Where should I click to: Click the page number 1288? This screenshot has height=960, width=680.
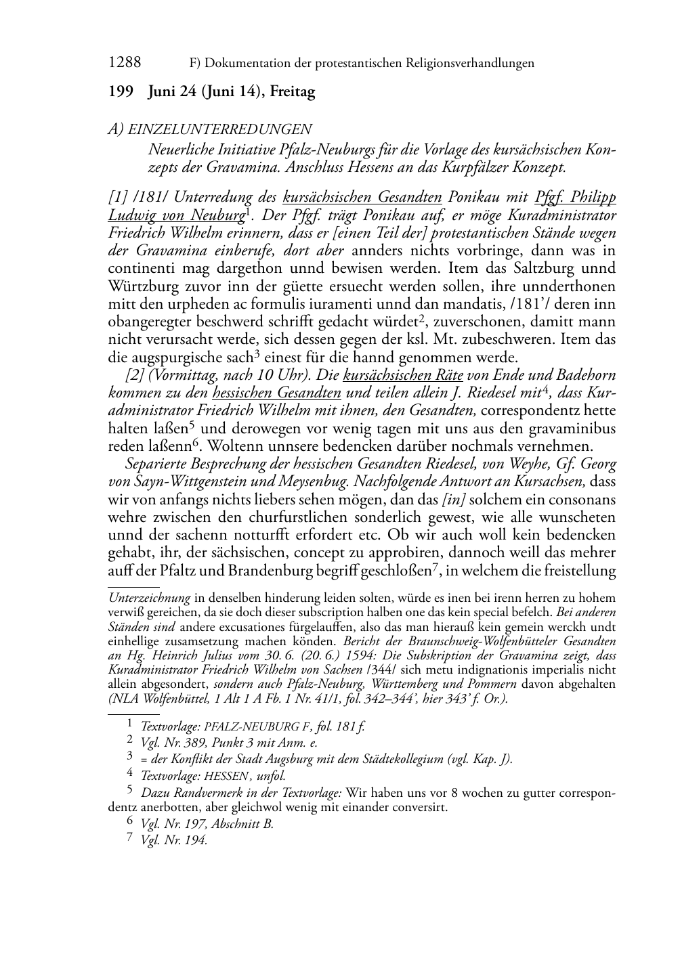tap(125, 63)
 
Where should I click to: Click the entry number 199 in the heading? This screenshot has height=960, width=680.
tap(120, 92)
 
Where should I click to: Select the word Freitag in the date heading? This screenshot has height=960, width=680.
tap(293, 92)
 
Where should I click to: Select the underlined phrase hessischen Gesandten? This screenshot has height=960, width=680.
tap(276, 393)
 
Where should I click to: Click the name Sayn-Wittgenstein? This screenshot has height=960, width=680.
tap(193, 482)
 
